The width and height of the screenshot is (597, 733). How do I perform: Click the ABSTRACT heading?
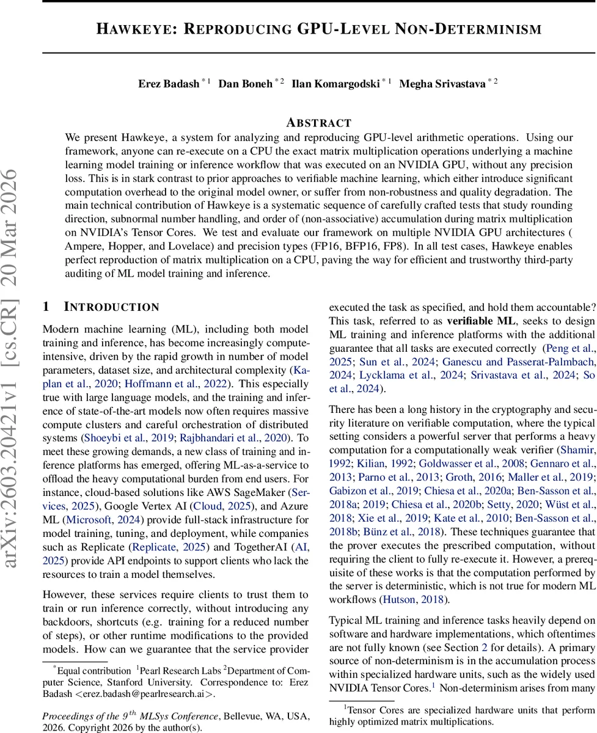[319, 123]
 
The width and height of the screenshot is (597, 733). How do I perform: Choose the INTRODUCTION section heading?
[111, 307]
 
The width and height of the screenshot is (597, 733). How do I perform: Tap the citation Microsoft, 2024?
[95, 519]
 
